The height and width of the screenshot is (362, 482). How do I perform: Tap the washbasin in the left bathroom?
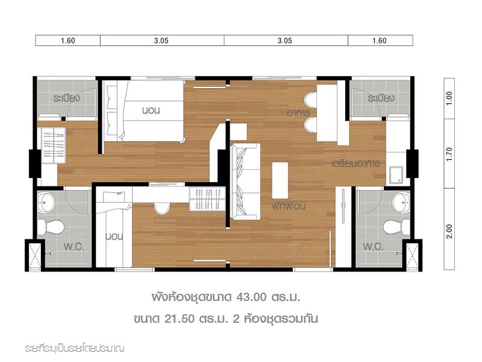click(46, 202)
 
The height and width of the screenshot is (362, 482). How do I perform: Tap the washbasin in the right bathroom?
click(401, 202)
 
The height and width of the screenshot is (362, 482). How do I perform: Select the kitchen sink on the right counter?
click(396, 175)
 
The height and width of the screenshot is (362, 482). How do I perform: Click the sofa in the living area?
click(245, 182)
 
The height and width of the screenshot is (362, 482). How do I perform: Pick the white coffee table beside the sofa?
click(280, 180)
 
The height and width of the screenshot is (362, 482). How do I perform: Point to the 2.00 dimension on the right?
click(449, 231)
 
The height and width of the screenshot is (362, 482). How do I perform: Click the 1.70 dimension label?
click(449, 154)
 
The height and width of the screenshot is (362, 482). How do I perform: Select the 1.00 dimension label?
click(449, 98)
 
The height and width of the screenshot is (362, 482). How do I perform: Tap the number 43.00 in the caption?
click(251, 297)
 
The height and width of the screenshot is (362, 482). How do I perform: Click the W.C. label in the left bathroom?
click(74, 247)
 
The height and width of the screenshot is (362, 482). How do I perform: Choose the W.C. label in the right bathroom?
click(373, 247)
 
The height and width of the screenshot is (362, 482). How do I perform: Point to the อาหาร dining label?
click(298, 113)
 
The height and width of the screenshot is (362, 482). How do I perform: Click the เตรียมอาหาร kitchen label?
click(355, 163)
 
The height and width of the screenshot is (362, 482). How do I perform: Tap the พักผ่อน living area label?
click(289, 206)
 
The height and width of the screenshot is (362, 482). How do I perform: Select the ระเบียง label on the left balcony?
click(66, 98)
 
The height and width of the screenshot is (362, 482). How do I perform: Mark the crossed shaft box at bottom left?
click(34, 256)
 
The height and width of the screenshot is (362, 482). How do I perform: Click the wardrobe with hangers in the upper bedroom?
click(53, 145)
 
